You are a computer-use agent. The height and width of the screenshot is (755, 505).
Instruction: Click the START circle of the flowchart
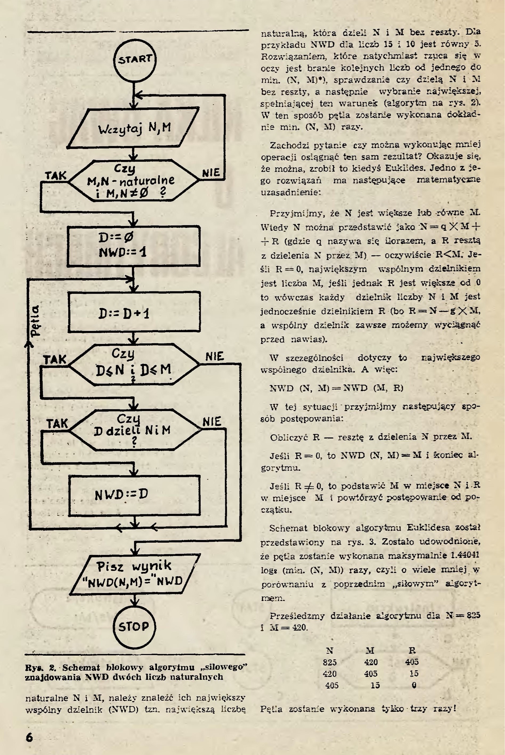tap(134, 60)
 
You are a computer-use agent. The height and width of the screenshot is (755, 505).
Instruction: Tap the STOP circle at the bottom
tap(134, 626)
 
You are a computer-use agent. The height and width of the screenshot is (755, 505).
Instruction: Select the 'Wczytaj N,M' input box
tap(134, 128)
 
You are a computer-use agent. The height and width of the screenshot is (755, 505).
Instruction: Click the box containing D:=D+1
tap(134, 312)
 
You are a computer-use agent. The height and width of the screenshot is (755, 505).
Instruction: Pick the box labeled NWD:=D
tap(134, 495)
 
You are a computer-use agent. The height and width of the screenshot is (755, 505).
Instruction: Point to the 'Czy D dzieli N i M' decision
tap(134, 430)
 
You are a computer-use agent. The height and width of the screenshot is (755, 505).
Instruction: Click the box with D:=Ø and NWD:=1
tap(134, 245)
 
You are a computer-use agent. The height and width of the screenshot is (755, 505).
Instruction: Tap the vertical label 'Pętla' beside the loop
tap(35, 321)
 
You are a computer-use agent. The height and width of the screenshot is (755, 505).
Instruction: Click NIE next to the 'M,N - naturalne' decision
tap(211, 173)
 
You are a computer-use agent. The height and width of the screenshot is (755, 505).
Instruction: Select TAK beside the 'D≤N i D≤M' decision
tap(55, 359)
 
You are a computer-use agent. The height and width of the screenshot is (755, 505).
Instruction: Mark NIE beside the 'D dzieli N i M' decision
tap(212, 422)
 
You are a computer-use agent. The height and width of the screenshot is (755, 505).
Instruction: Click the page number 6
tap(30, 737)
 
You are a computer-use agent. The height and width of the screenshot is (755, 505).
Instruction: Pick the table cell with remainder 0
tap(414, 685)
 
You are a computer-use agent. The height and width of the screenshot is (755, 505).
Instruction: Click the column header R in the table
tap(412, 650)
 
